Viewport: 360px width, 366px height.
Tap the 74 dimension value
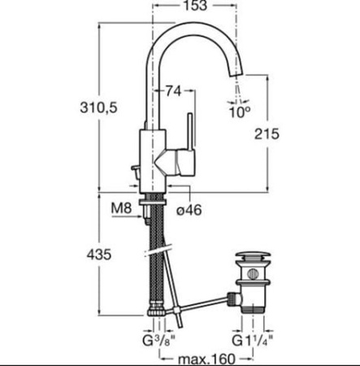[173, 92]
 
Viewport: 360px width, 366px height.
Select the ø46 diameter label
[189, 210]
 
